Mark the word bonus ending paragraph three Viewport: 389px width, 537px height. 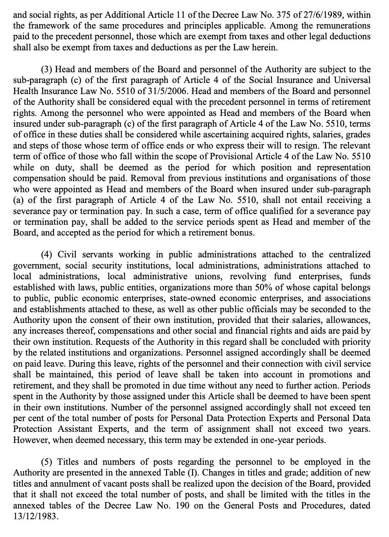pyautogui.click(x=243, y=233)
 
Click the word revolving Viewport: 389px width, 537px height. pyautogui.click(x=248, y=277)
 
